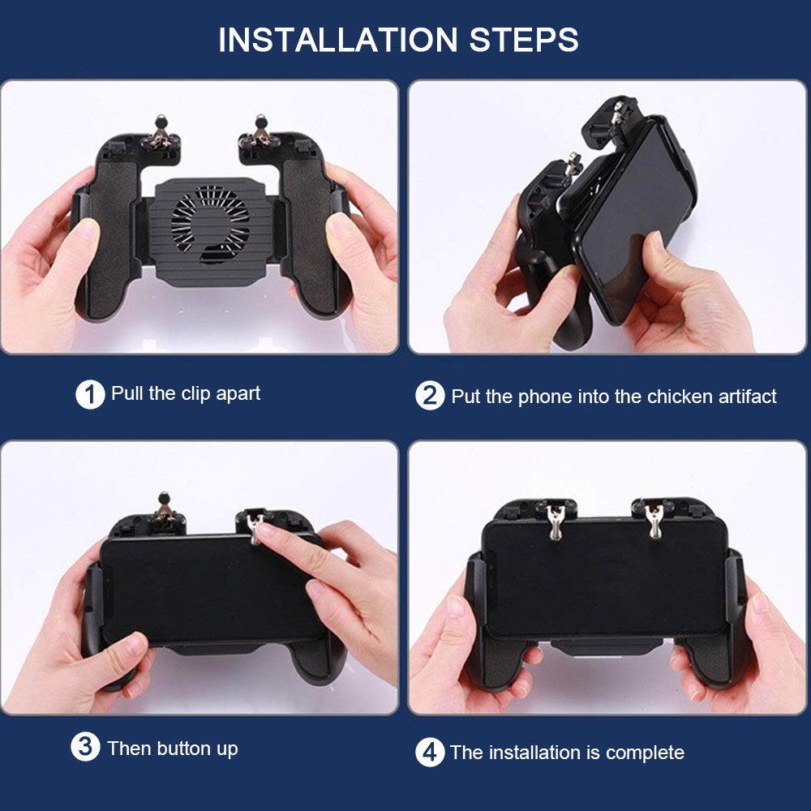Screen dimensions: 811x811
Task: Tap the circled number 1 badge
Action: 90,395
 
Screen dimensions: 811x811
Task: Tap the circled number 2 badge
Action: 430,396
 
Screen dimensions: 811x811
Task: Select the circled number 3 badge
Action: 86,747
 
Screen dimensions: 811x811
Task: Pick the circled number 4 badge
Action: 430,753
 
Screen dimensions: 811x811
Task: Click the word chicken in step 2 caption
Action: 680,397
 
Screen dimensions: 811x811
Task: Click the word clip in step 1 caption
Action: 198,394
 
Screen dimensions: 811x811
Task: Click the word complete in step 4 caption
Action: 645,753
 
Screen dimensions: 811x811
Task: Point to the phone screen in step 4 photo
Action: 604,576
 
